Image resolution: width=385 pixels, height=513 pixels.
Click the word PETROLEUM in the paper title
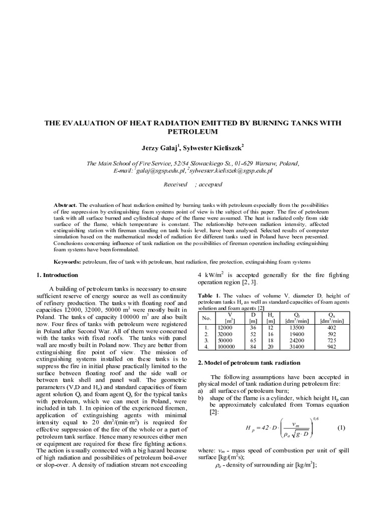[192, 132]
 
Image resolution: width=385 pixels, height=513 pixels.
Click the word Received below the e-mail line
[175, 184]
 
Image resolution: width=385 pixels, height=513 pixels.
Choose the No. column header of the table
[206, 317]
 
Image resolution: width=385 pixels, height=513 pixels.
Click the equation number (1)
[341, 428]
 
